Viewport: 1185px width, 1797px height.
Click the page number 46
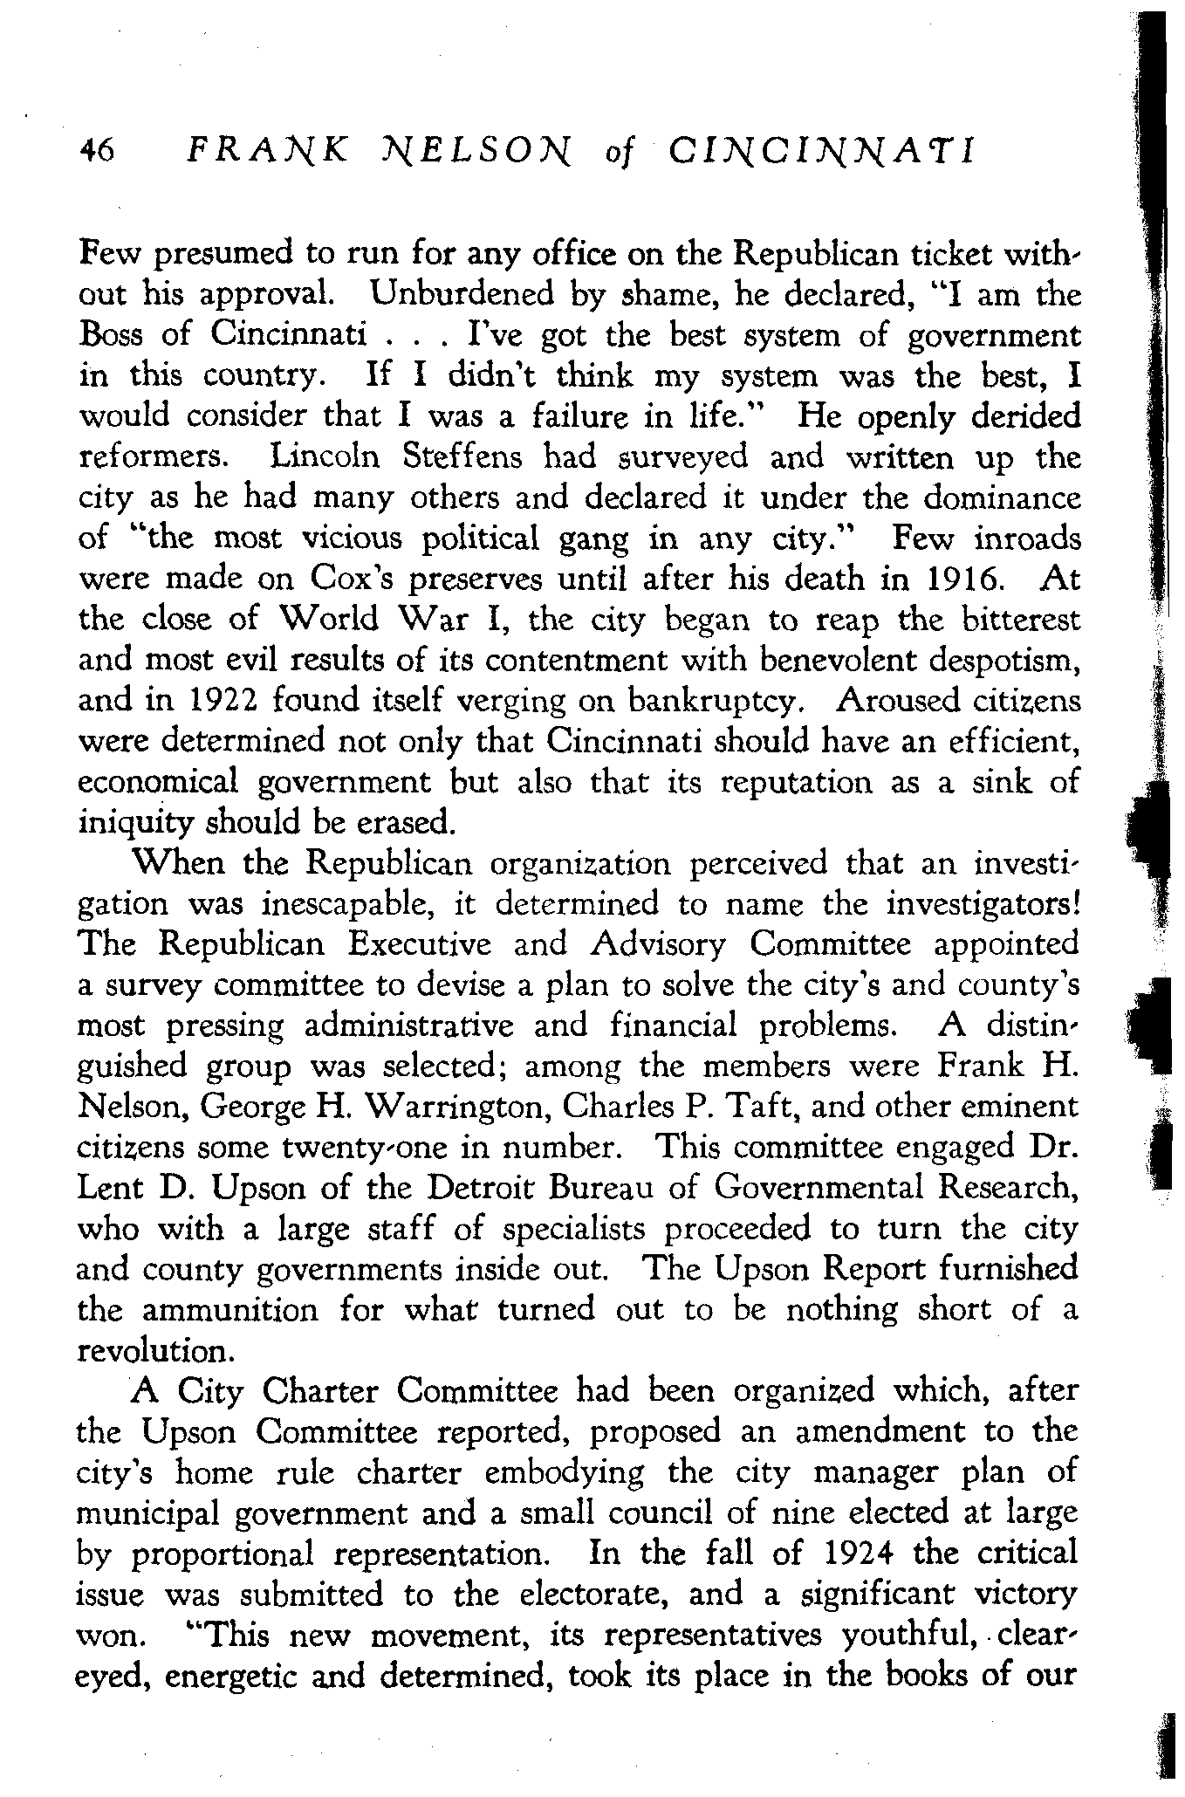click(96, 151)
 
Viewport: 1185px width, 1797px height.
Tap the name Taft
click(753, 1107)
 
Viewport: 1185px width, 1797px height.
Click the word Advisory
click(657, 944)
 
